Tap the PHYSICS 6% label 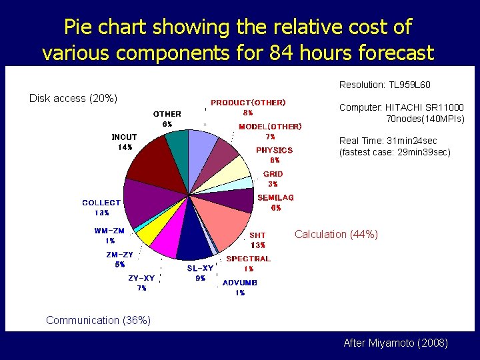(x=274, y=155)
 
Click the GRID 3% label (x=273, y=179)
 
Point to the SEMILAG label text (x=275, y=198)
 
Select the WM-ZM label (x=109, y=231)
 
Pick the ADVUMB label (x=240, y=283)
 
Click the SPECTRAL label (x=248, y=259)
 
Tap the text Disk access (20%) (x=73, y=99)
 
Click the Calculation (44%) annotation (x=336, y=234)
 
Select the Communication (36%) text (x=98, y=320)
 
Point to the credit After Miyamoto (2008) (x=395, y=343)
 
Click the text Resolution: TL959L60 (x=385, y=85)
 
